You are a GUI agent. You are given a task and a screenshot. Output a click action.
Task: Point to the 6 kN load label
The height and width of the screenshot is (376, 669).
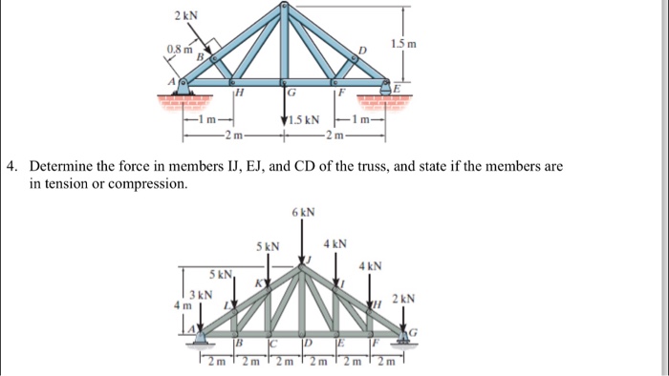point(303,211)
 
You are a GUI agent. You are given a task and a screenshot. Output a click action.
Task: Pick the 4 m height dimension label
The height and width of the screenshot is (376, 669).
point(183,305)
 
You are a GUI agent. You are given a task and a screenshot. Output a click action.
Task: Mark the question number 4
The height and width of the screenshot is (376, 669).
point(10,166)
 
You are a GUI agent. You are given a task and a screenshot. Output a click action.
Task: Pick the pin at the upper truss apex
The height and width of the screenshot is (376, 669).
point(284,9)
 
